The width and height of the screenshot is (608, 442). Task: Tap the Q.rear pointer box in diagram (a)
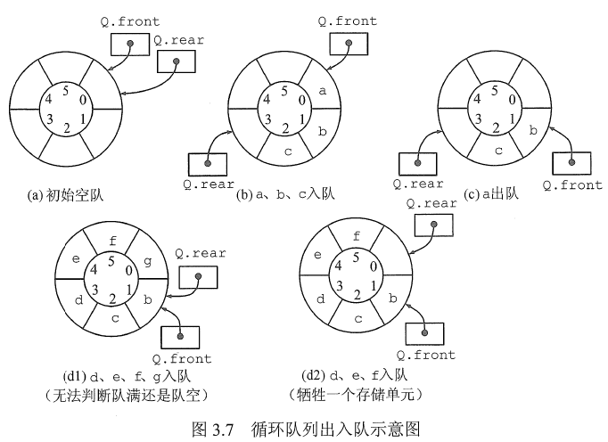[177, 61]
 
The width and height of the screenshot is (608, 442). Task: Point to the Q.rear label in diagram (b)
[208, 185]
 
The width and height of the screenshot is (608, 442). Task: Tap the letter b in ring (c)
[533, 131]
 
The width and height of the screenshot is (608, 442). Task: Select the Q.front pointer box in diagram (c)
[571, 163]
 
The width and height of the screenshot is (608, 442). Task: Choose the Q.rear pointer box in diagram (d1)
[198, 278]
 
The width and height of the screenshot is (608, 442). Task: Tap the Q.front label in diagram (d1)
[183, 358]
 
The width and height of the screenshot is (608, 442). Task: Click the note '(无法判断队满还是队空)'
[114, 393]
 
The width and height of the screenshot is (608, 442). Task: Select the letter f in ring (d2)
[357, 237]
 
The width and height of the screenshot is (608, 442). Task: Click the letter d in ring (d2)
[319, 299]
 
